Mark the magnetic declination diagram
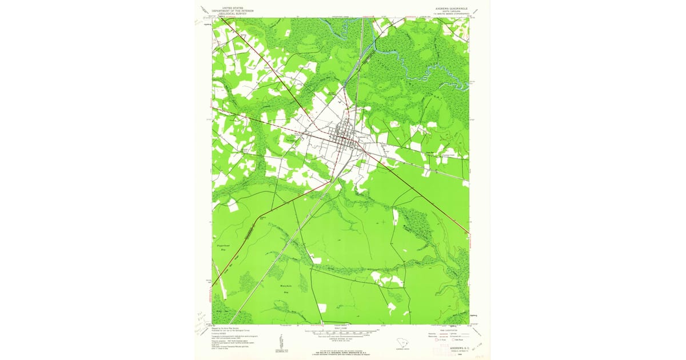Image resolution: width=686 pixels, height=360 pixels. point(280,343)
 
